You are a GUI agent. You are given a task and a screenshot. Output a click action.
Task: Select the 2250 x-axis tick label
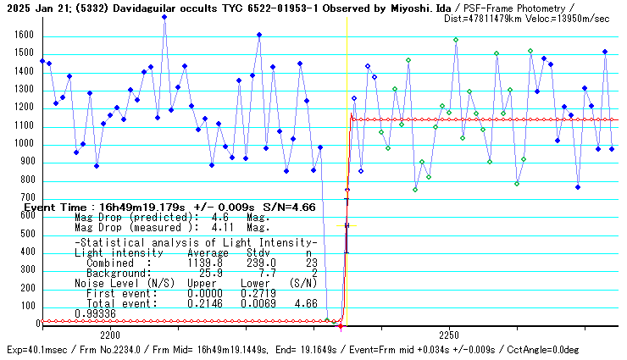449,335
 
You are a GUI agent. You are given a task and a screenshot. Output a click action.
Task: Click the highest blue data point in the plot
164,17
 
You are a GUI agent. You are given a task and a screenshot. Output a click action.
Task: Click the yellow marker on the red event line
347,225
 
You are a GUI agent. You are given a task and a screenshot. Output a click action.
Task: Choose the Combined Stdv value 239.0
258,263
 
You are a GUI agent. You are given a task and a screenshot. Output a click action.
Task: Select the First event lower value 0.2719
258,293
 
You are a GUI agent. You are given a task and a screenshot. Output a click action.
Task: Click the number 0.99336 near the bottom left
95,313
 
